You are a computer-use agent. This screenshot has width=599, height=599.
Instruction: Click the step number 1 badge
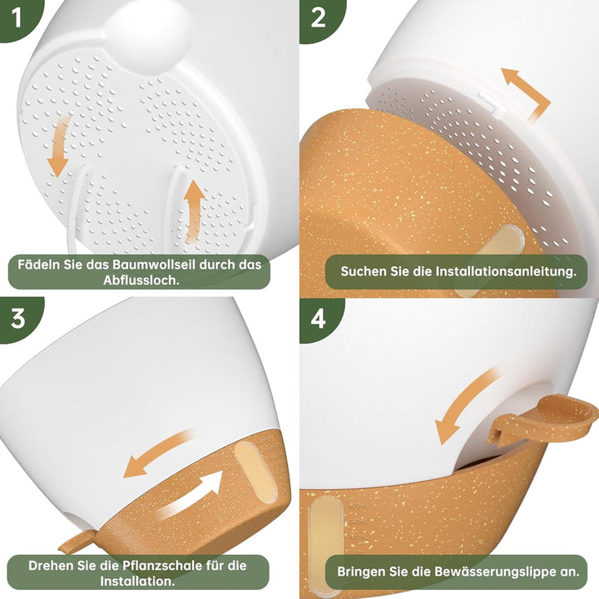click(x=15, y=17)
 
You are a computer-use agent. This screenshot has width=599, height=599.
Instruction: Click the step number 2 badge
click(x=318, y=17)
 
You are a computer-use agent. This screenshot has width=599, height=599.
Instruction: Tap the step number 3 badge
click(x=17, y=318)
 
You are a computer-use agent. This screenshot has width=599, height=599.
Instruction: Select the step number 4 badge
click(x=318, y=318)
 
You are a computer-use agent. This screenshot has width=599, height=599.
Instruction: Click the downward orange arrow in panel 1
click(x=59, y=147)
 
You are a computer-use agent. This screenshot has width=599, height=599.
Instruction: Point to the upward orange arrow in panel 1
click(x=194, y=211)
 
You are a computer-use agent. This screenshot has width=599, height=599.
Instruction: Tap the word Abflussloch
click(x=141, y=280)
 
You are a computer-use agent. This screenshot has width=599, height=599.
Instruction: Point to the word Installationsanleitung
click(x=506, y=271)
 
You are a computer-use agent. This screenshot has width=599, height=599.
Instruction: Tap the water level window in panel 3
click(x=255, y=470)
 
